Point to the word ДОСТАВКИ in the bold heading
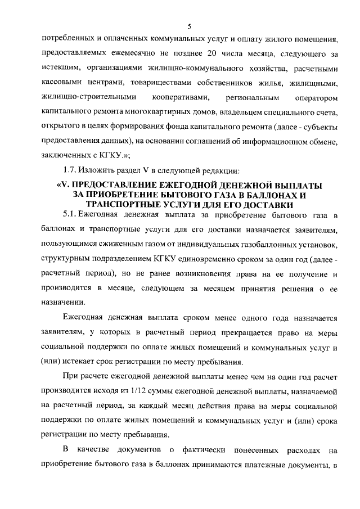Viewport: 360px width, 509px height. click(x=273, y=205)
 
